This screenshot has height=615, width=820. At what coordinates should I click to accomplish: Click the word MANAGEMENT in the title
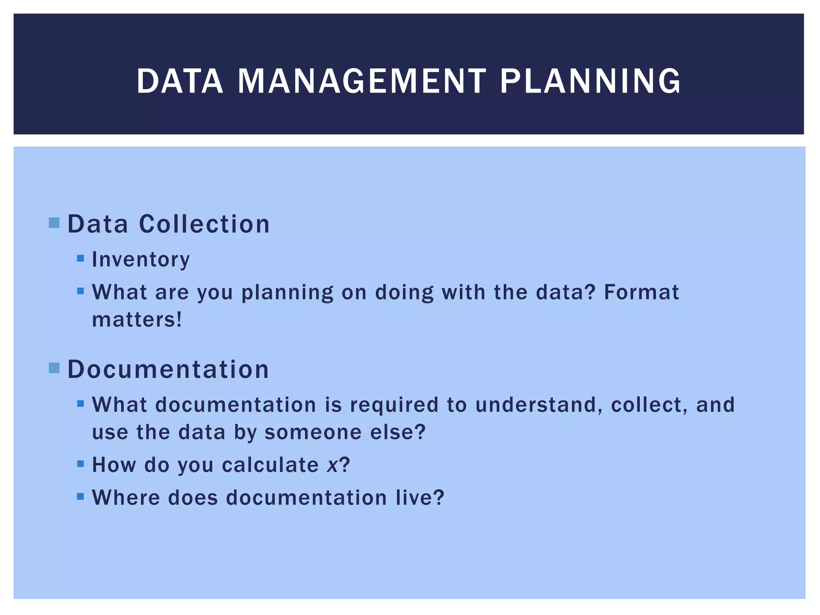coord(362,81)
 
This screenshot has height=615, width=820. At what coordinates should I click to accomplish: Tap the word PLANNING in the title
coord(590,81)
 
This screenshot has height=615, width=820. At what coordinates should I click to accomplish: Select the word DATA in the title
coord(180,81)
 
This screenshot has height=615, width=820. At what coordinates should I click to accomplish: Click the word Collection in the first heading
coord(204,224)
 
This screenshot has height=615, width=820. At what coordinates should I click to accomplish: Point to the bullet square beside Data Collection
coord(54,223)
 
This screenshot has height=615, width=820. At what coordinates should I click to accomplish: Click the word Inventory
coord(141,260)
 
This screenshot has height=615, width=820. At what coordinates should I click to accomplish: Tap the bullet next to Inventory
coord(80,258)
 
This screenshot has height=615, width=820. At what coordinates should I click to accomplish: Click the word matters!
coord(137,320)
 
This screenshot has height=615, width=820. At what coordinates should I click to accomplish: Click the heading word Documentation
coord(168,369)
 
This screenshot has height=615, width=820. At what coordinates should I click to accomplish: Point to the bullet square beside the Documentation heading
coord(54,368)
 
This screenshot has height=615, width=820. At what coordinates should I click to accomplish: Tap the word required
coord(394,405)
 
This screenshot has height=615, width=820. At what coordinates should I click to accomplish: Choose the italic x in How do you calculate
coord(332,465)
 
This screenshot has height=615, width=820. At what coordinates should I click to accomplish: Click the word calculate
coord(270,465)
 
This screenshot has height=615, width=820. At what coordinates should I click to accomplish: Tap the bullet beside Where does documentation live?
coord(80,496)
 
